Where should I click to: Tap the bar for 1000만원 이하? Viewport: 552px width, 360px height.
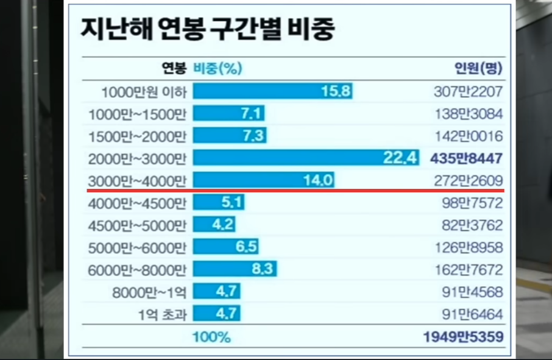point(274,92)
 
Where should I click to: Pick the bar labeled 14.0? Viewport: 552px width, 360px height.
point(264,180)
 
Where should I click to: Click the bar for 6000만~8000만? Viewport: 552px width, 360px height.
point(236,269)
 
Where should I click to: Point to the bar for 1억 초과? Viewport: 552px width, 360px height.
point(217,314)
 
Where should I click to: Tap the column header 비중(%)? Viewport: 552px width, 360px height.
point(218,68)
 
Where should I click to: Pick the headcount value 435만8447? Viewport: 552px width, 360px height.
point(467,158)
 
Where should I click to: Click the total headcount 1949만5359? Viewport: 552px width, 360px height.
point(464,337)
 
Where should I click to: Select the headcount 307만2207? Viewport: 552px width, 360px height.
point(469,93)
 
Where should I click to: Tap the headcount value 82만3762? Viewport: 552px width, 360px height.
point(472,225)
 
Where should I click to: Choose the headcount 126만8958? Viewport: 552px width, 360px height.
point(469,247)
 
